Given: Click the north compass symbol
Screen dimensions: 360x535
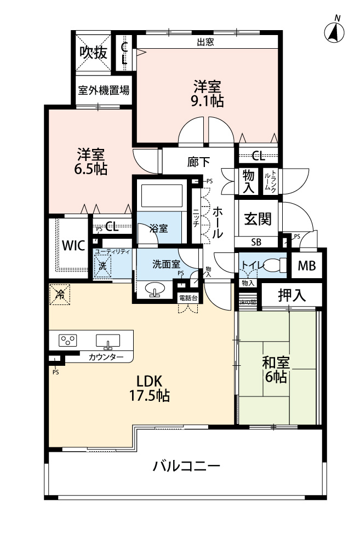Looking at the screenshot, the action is click(x=334, y=32).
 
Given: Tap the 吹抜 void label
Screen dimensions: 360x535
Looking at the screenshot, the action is click(x=93, y=53).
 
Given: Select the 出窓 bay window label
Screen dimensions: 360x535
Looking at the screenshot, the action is click(x=205, y=42).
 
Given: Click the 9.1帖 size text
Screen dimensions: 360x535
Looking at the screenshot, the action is click(x=207, y=101).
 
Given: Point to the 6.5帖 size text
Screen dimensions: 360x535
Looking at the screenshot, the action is click(x=91, y=169).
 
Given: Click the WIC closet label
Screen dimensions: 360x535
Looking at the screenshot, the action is click(x=73, y=245).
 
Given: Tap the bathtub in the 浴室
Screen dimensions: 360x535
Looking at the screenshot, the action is click(x=162, y=196).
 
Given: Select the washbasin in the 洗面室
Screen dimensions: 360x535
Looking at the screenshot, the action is click(x=155, y=289).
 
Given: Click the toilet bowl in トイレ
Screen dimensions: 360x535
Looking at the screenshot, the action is click(x=275, y=265).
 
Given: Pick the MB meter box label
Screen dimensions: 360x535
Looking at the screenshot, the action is click(x=307, y=266).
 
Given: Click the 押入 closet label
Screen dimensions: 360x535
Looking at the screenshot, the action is click(x=292, y=295).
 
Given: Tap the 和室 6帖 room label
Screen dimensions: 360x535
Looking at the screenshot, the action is click(x=276, y=370).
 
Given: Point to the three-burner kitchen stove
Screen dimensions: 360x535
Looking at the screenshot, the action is click(x=67, y=340).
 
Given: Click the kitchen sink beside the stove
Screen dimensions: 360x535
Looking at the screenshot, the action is click(x=108, y=341).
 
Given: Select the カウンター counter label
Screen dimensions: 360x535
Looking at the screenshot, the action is click(x=106, y=357).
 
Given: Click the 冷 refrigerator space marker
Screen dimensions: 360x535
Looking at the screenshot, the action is click(x=60, y=295).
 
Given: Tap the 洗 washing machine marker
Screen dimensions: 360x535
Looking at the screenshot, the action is click(x=102, y=266).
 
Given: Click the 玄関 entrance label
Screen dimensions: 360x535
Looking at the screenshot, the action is click(x=258, y=218).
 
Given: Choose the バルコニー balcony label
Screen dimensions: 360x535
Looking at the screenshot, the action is click(x=186, y=465).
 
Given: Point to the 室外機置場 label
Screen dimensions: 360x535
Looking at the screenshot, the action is click(x=104, y=90).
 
